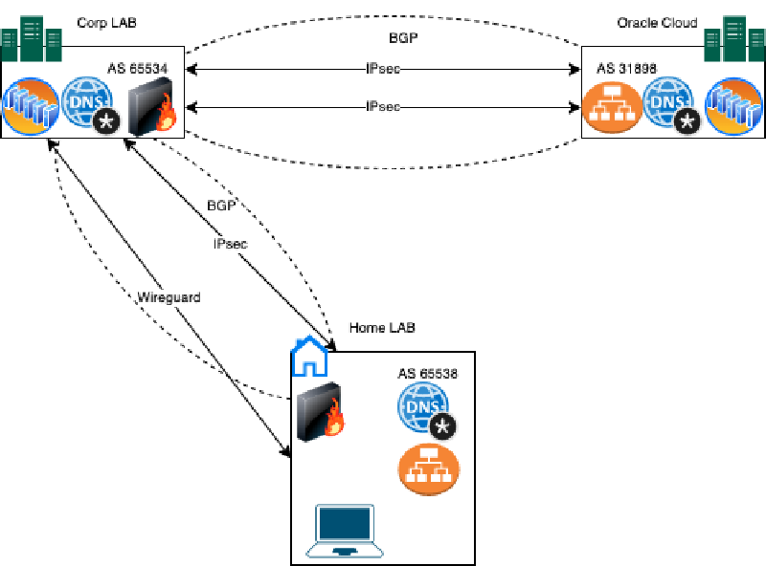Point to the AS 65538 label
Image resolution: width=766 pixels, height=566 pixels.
[x=428, y=373]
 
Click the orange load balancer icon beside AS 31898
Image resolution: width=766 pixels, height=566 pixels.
[x=610, y=107]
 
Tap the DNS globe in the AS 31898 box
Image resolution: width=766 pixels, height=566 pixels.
[x=669, y=106]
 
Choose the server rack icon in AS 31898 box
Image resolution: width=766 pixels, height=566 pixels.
[x=733, y=106]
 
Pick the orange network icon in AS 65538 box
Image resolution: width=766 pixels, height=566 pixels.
[x=428, y=468]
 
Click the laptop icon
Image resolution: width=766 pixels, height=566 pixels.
[x=344, y=532]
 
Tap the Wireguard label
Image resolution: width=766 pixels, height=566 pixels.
[x=169, y=297]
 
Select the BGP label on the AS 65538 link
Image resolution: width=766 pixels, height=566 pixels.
[x=221, y=207]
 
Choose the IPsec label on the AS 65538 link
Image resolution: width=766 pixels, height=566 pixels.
[x=230, y=244]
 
